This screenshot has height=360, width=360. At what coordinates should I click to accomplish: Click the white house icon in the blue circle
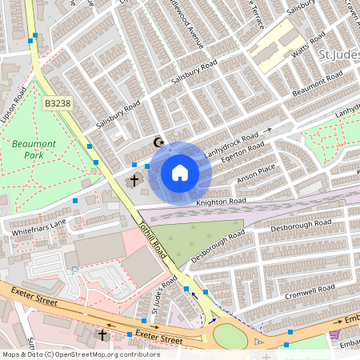pyautogui.click(x=179, y=172)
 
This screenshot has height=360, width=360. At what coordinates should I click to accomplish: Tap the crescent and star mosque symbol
pyautogui.click(x=158, y=143)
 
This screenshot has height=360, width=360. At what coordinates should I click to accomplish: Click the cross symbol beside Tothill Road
pyautogui.click(x=134, y=181)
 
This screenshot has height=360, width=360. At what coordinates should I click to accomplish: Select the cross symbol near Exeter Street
pyautogui.click(x=102, y=334)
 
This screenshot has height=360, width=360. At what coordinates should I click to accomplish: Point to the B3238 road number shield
pyautogui.click(x=58, y=103)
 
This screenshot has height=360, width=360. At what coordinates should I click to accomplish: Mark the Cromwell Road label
pyautogui.click(x=313, y=290)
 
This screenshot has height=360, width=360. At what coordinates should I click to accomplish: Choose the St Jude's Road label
pyautogui.click(x=163, y=296)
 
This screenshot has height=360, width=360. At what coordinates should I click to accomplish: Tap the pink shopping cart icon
pyautogui.click(x=334, y=334)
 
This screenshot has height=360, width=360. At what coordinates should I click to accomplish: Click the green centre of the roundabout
pyautogui.click(x=230, y=336)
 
